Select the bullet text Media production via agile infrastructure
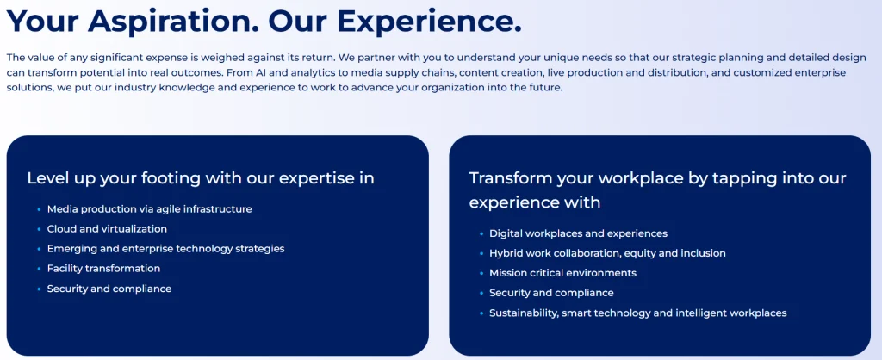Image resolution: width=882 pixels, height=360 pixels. point(150,209)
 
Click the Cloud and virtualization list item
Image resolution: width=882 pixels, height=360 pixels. point(107,229)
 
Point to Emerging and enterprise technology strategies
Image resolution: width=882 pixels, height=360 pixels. point(166,249)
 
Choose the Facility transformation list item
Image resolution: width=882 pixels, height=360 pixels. point(103,269)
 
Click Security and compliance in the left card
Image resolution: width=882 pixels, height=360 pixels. point(109,289)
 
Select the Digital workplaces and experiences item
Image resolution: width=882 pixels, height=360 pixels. point(578,233)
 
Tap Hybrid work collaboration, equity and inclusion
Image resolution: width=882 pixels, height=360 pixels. point(607,253)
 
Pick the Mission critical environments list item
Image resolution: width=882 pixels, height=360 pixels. point(563,273)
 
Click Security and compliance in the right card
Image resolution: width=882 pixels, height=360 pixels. point(551,293)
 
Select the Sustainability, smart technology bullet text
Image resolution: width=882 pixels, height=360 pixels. point(638,313)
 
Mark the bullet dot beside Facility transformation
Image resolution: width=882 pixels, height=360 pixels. point(40,269)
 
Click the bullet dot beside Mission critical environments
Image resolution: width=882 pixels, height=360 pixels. point(481,273)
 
